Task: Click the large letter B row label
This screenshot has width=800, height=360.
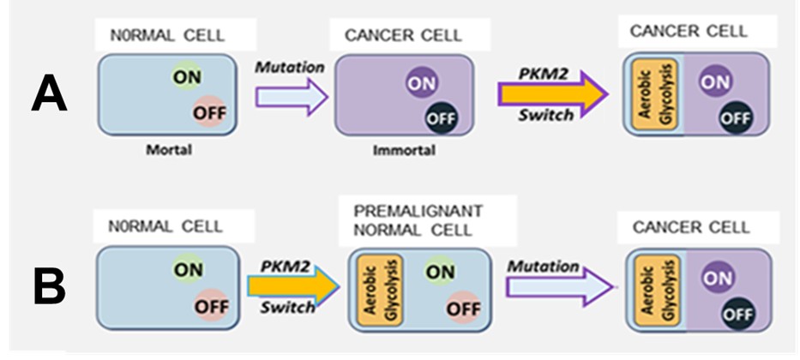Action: point(50,287)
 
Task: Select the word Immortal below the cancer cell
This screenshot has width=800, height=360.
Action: point(405,150)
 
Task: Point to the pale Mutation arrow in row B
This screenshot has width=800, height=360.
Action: point(560,287)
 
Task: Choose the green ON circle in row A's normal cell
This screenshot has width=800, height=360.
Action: point(187,76)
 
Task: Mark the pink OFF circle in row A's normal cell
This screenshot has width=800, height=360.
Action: point(209,111)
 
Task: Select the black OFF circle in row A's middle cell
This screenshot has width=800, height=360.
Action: point(442,119)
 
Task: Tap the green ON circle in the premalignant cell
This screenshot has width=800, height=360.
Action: point(441,272)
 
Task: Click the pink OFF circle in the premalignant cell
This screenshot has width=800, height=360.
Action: point(463,308)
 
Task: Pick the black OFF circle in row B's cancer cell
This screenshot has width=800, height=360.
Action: point(738,314)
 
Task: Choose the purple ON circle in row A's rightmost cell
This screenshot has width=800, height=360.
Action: point(716,82)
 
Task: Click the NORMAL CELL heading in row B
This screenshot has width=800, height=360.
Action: point(165,226)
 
